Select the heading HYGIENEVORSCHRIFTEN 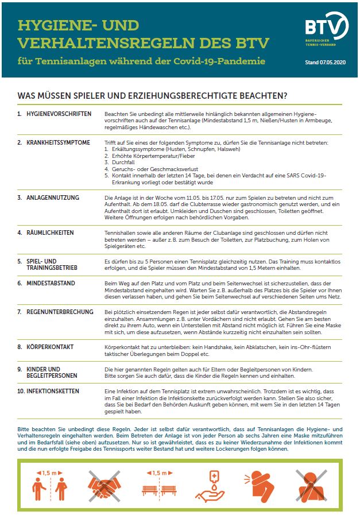(59, 114)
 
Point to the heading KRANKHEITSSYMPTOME (58, 142)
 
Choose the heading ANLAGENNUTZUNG (53, 198)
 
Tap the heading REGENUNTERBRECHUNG (60, 312)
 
